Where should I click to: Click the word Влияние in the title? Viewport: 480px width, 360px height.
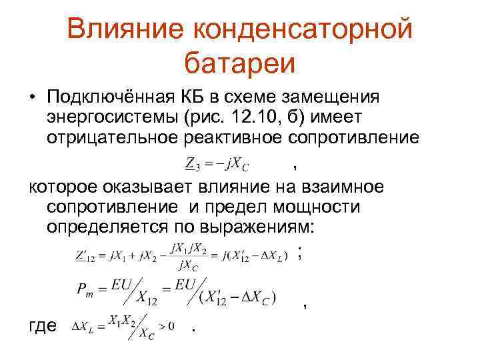coord(124,29)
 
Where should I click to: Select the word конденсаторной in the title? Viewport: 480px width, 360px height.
coord(303,29)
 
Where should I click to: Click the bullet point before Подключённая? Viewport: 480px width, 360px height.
coord(33,98)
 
